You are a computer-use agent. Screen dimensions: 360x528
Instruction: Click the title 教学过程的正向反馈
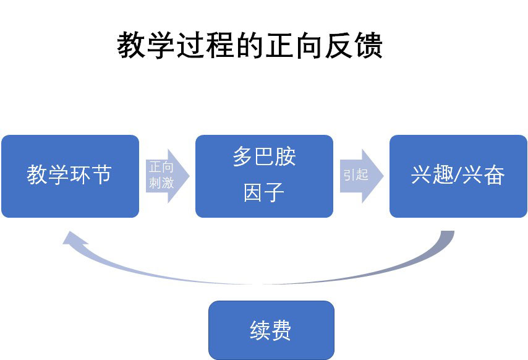250,46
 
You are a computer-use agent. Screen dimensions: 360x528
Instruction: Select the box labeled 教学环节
70,176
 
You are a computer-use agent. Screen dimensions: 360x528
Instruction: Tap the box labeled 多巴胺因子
264,176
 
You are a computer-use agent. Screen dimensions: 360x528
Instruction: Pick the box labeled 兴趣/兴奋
458,176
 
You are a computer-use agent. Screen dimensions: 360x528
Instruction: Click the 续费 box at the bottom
271,330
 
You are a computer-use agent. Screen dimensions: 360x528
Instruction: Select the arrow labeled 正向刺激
166,176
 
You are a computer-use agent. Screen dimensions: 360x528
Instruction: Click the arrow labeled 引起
360,176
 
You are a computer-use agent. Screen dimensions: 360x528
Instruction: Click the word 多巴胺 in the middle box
264,157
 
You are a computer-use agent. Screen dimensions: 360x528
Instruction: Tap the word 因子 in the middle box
264,194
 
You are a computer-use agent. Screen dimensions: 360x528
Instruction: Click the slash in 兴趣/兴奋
458,176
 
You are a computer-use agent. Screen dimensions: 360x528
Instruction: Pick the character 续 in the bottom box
259,330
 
